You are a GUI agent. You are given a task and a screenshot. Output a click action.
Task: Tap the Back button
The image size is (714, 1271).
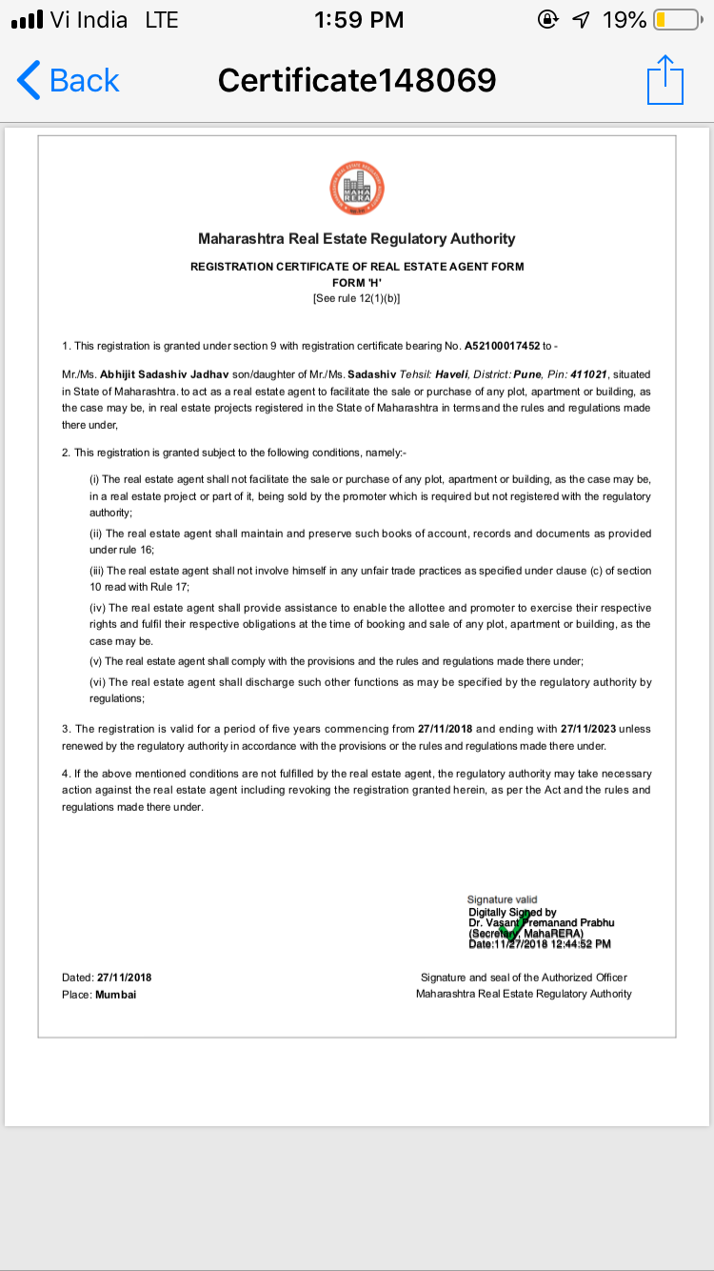[69, 81]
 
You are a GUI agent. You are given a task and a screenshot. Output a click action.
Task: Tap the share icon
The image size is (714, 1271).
[665, 80]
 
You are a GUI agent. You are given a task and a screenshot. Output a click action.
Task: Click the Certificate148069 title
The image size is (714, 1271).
[357, 80]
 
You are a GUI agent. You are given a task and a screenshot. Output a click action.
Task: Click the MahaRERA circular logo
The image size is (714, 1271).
[356, 187]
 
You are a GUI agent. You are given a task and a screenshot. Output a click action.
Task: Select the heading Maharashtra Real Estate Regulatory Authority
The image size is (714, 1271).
[356, 239]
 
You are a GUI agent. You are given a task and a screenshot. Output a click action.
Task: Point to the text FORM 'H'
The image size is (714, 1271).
[356, 283]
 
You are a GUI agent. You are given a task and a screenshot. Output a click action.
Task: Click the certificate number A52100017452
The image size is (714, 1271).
[502, 345]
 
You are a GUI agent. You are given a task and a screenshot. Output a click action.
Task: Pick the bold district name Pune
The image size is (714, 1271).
[527, 375]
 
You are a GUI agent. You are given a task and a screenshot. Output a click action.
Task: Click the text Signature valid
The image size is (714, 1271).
[502, 899]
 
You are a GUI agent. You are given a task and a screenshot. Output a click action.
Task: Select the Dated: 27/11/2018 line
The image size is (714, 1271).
[107, 978]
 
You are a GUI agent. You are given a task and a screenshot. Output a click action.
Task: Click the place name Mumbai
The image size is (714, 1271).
[115, 994]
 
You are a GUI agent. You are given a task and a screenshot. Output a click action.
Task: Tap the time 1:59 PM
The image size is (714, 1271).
[358, 19]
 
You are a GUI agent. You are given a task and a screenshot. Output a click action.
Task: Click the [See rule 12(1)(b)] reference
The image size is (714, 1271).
[356, 298]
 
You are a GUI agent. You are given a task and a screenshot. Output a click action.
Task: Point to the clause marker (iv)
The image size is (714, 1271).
[98, 608]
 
